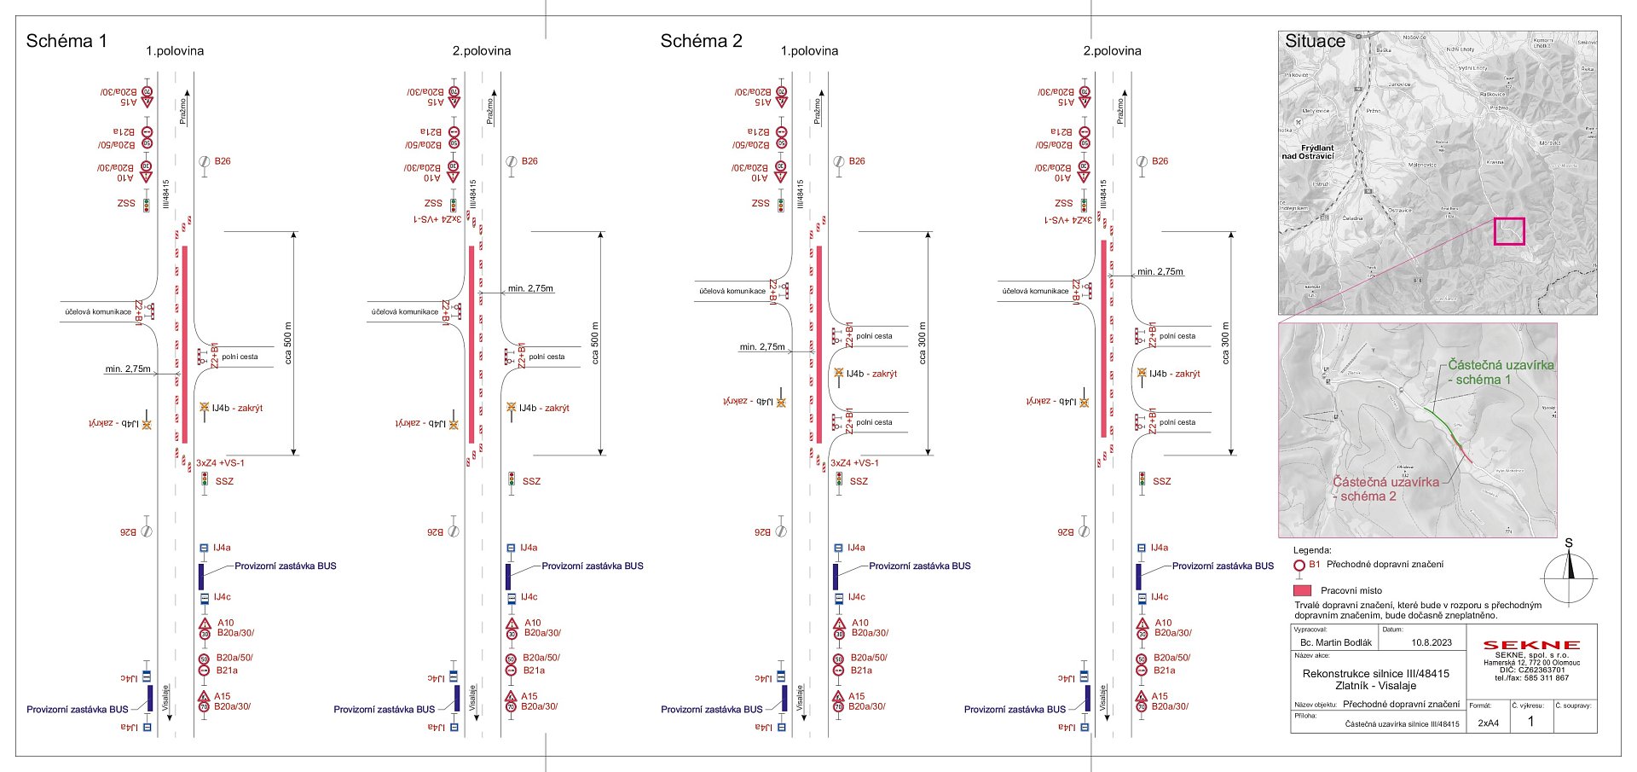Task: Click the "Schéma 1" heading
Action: pyautogui.click(x=67, y=41)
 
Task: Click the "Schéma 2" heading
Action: pyautogui.click(x=701, y=41)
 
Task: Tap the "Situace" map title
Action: pyautogui.click(x=1315, y=41)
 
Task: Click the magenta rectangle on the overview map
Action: pyautogui.click(x=1508, y=231)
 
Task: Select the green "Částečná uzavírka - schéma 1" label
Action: pyautogui.click(x=1500, y=372)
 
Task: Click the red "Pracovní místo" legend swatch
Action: pyautogui.click(x=1302, y=590)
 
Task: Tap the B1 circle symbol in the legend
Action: pyautogui.click(x=1299, y=566)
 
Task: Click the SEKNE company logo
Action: pyautogui.click(x=1531, y=645)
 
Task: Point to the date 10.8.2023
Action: pyautogui.click(x=1431, y=642)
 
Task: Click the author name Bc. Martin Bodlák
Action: pyautogui.click(x=1335, y=642)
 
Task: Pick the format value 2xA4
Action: pyautogui.click(x=1488, y=723)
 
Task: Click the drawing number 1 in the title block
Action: pyautogui.click(x=1530, y=721)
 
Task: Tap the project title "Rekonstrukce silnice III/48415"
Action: pyautogui.click(x=1375, y=674)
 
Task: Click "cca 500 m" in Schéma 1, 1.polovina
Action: pyautogui.click(x=288, y=343)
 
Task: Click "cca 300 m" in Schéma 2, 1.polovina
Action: pyautogui.click(x=923, y=343)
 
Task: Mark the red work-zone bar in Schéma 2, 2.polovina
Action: pyautogui.click(x=1103, y=339)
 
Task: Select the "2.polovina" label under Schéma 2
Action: pyautogui.click(x=1112, y=51)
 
